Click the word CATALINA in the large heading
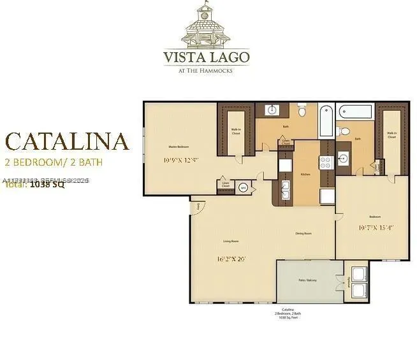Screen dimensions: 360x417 68,141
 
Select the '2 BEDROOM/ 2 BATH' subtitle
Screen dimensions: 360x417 54,162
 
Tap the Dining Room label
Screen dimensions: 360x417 303,234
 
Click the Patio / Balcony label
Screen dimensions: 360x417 307,280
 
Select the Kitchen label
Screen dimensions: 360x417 306,173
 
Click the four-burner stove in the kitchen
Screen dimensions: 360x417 325,162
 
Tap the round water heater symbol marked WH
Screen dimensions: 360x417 243,188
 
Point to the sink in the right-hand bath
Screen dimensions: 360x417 344,158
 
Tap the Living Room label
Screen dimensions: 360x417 230,241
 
